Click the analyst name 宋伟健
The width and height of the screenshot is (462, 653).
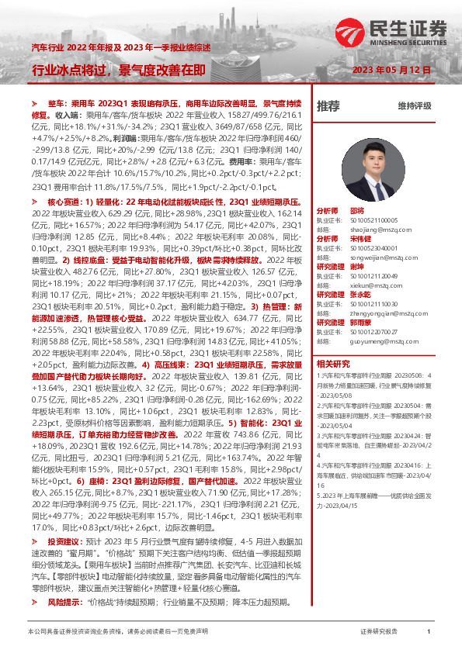pyautogui.click(x=360, y=238)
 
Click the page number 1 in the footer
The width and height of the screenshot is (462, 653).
pyautogui.click(x=429, y=632)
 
